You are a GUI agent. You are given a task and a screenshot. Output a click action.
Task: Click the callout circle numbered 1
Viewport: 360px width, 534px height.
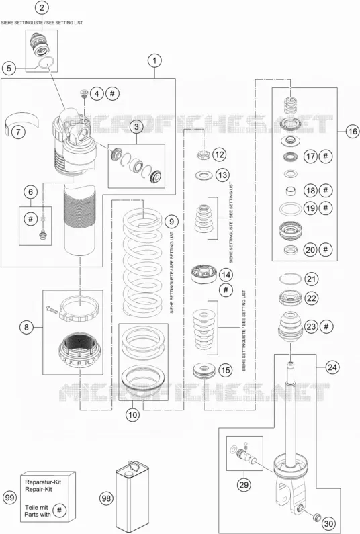pyautogui.click(x=154, y=61)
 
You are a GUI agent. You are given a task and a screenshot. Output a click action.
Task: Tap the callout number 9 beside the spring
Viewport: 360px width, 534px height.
pyautogui.click(x=171, y=222)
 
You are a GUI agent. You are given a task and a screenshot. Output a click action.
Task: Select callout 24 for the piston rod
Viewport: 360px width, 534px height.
pyautogui.click(x=332, y=367)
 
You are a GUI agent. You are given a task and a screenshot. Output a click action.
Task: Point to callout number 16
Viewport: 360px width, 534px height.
pyautogui.click(x=352, y=131)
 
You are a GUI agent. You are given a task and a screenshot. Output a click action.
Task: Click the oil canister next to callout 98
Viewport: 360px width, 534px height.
pyautogui.click(x=130, y=496)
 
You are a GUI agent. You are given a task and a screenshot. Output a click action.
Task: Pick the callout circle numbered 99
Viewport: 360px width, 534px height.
pyautogui.click(x=10, y=498)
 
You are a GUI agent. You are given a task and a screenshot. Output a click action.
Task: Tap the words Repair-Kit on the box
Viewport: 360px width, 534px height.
pyautogui.click(x=38, y=490)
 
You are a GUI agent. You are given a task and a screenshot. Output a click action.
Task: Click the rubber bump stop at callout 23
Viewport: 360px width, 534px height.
pyautogui.click(x=291, y=327)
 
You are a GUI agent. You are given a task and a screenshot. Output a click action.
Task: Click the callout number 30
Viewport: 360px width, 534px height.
pyautogui.click(x=328, y=523)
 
